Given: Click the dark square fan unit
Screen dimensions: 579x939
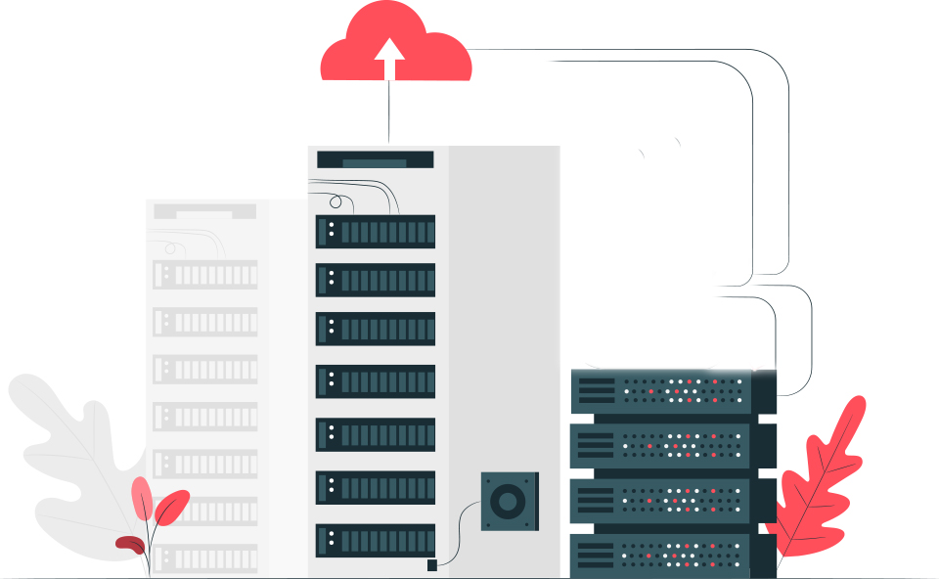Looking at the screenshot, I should coord(509,502).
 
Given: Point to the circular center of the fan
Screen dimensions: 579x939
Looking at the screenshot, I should coord(507,503).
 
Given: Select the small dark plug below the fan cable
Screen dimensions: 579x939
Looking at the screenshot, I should coord(432,564).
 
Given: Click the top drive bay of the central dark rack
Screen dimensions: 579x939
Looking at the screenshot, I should coord(376,232).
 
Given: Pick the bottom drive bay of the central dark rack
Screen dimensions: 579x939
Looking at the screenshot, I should coord(376,540).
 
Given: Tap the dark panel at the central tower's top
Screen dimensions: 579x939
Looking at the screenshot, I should coord(376,159).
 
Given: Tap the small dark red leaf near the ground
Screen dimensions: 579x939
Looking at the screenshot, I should coord(129,542).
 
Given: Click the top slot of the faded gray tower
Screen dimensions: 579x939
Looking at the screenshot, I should coord(204,211).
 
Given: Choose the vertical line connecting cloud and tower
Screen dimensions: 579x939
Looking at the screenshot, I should coord(388,110).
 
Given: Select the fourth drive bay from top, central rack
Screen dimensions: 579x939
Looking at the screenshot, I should coord(376,381).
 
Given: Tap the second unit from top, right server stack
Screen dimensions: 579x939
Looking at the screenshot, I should coord(673,445).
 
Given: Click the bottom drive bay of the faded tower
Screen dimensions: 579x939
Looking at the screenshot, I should coord(205,558).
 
